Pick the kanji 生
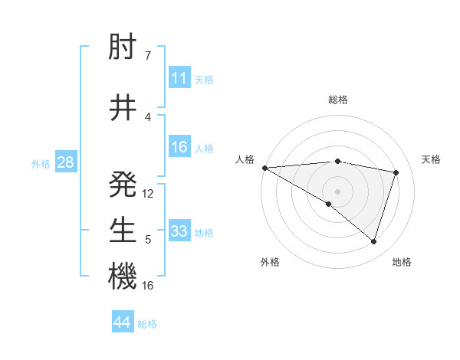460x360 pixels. coord(123,230)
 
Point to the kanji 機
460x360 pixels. coord(123,277)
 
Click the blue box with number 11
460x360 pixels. coord(179,79)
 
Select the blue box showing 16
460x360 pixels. coord(179,148)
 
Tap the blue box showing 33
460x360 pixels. coord(179,232)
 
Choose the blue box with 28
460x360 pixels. coord(64,162)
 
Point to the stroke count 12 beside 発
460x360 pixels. coord(148,194)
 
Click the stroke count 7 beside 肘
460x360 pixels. coord(147,55)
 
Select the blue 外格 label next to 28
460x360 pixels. coord(41,163)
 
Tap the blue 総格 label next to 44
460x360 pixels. coord(147,324)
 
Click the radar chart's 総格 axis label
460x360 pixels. coord(337,100)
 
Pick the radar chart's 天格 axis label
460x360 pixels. coord(431,159)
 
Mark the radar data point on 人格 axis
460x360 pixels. coord(264,167)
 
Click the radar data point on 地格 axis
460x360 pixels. coord(374,241)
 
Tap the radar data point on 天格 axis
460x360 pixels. coord(396,172)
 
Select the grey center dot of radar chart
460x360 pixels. coord(337,191)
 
